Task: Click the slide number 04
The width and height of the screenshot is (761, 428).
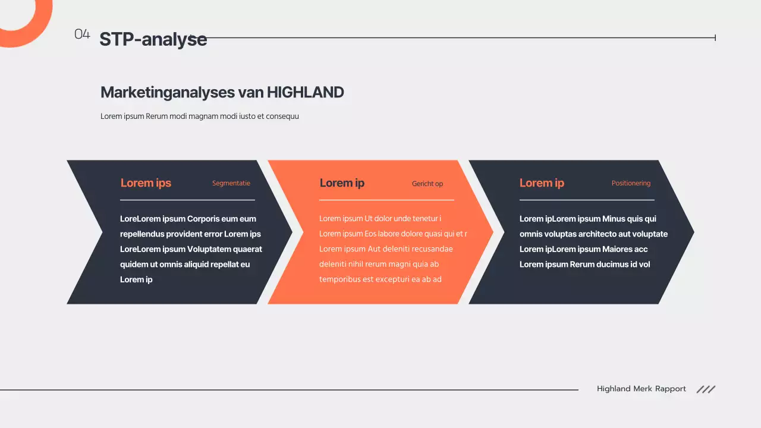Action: (82, 34)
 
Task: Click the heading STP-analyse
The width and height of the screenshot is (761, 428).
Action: (153, 39)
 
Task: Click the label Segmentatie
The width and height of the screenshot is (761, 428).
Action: (231, 183)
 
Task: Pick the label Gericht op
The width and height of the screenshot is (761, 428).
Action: (427, 184)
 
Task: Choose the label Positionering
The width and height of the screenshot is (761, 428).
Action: (631, 183)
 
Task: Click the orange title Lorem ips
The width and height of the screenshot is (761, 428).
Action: (146, 183)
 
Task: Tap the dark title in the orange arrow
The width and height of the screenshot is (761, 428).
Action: (342, 183)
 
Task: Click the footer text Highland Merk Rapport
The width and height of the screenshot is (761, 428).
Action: (641, 389)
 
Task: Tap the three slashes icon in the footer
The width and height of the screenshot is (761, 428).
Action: (706, 389)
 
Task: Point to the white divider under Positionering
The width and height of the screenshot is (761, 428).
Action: (587, 200)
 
